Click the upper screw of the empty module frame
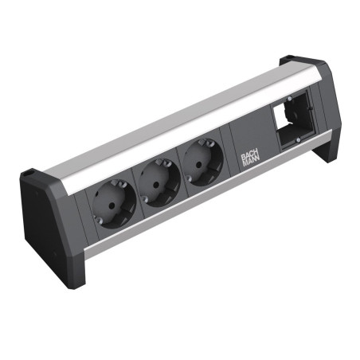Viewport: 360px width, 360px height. point(289,99)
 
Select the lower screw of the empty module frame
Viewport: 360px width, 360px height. point(299,139)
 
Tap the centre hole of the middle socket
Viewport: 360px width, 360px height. point(157,184)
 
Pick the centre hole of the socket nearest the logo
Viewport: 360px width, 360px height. point(199,164)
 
